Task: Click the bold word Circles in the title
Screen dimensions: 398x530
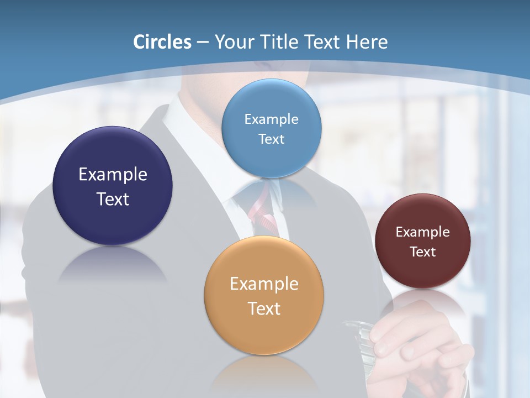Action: point(162,42)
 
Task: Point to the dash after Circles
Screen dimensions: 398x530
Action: point(203,43)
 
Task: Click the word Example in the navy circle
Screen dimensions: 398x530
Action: point(113,175)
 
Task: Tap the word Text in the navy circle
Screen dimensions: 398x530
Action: point(113,199)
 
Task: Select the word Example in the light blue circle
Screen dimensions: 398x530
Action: point(271,119)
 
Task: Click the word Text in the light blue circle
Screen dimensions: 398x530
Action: point(271,139)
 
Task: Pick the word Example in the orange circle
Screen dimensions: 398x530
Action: point(264,284)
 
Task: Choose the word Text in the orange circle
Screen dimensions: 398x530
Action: point(264,308)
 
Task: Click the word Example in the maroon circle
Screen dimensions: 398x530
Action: point(422,232)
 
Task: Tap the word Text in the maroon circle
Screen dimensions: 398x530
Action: point(422,252)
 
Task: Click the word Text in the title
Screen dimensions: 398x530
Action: point(321,42)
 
